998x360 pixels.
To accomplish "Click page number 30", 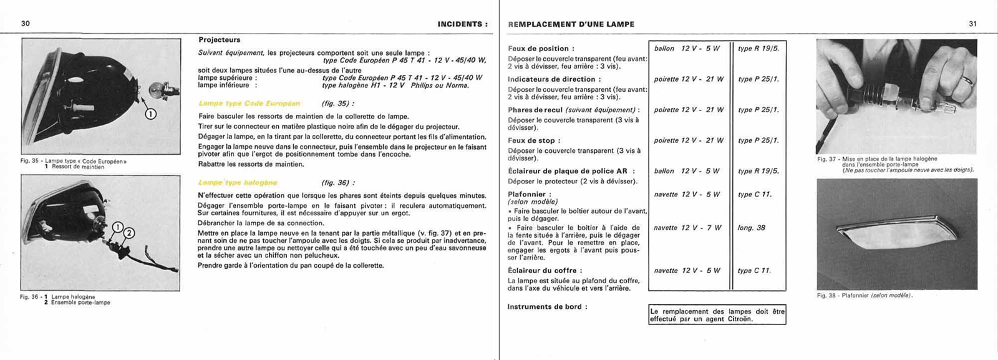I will click(26, 24).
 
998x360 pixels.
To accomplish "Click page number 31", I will click(972, 24).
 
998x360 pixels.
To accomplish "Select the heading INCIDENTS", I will click(460, 24).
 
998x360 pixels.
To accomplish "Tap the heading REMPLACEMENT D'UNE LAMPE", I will click(571, 24).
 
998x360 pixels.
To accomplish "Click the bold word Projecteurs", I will click(219, 40).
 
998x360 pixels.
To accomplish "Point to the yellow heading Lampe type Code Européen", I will click(249, 104).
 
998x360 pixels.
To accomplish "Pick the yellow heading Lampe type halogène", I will click(238, 183).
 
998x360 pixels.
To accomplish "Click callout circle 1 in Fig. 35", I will click(150, 114).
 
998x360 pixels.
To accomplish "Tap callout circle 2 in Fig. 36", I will click(128, 233).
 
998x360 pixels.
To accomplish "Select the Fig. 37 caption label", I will click(828, 159).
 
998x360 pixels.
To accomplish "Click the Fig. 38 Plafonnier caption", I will click(864, 295).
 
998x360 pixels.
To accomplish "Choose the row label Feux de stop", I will click(534, 141).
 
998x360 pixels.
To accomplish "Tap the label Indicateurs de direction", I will click(554, 79).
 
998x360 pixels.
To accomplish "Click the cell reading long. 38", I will click(751, 228).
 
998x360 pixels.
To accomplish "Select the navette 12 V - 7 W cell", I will click(687, 228).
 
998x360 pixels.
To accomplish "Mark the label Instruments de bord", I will click(547, 307).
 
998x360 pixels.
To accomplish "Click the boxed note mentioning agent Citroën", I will click(717, 315).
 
